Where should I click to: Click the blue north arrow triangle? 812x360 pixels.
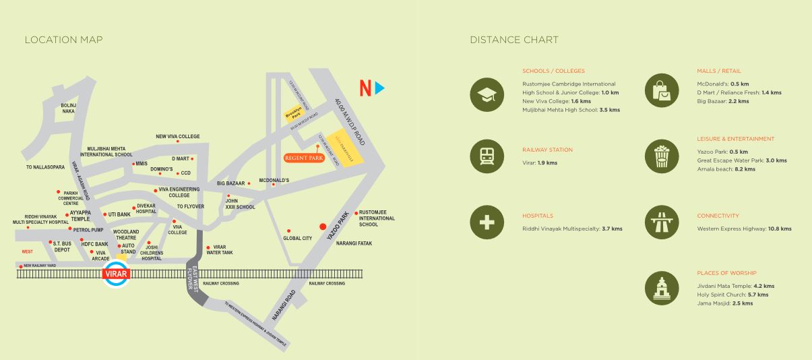coord(380,88)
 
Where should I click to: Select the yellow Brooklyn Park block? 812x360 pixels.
coord(294,114)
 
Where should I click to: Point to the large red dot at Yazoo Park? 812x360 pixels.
coord(323,227)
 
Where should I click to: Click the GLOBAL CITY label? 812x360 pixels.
coord(297,238)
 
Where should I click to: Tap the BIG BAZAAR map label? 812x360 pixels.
coord(230,183)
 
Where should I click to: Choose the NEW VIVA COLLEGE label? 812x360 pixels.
coord(178,136)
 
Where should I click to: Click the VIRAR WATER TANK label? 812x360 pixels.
coord(220,249)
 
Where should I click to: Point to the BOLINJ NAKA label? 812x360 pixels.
coord(68,108)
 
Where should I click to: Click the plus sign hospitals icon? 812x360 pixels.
coord(487,222)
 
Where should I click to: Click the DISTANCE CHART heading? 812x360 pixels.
coord(514,40)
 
